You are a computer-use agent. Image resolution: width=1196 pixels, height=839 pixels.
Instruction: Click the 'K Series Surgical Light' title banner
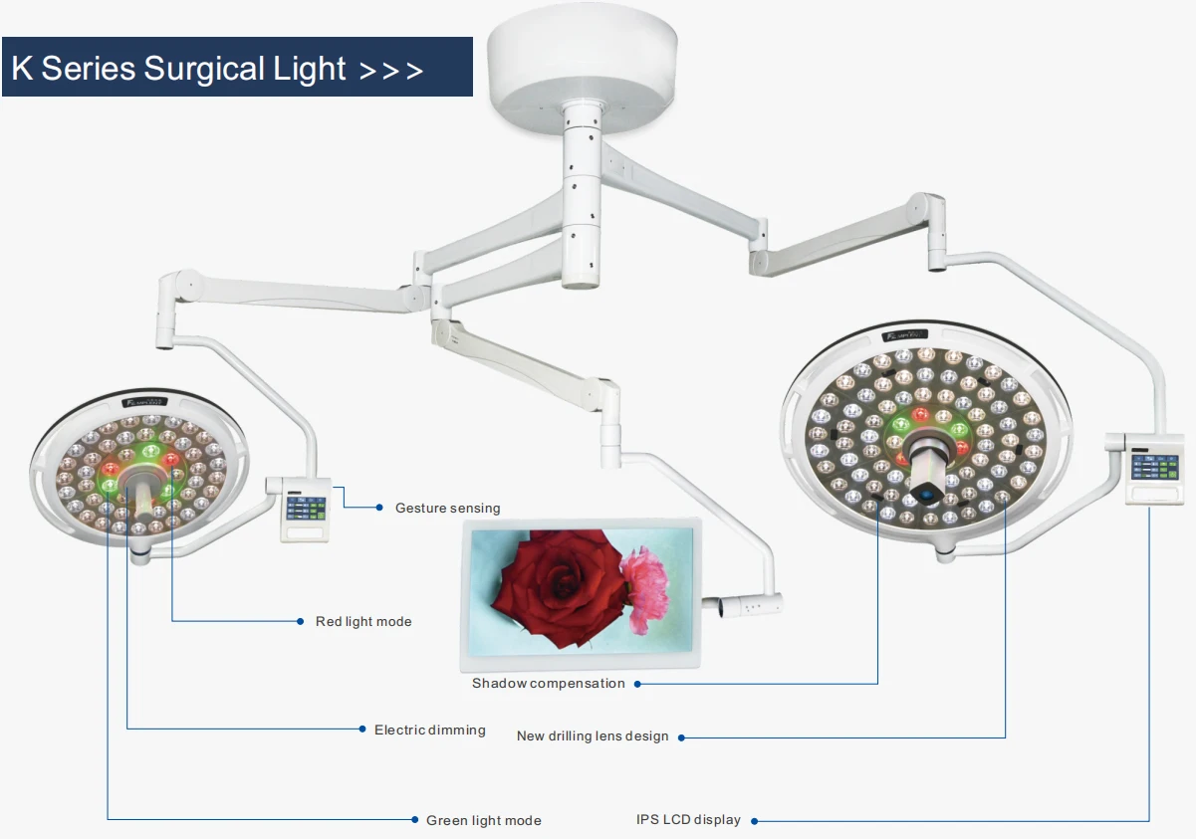(x=236, y=68)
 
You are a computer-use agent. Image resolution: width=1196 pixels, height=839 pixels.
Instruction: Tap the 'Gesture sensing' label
(x=447, y=509)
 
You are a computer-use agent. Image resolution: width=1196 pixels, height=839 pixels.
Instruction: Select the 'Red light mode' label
(x=363, y=622)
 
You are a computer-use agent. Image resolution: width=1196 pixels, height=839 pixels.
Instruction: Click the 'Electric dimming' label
(x=430, y=731)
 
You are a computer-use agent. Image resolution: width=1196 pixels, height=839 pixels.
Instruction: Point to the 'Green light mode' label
(x=484, y=821)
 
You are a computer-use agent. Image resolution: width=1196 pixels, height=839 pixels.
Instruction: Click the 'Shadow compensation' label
(x=549, y=684)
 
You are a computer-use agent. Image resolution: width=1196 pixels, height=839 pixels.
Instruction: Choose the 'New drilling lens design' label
(x=593, y=736)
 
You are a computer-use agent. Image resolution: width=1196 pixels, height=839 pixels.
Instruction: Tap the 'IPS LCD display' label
(x=688, y=820)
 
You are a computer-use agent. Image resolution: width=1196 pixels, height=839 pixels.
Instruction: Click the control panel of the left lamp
(x=306, y=509)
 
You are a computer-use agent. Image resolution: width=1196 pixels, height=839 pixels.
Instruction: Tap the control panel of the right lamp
(x=1154, y=469)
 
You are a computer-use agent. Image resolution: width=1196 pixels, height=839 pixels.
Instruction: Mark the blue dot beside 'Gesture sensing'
(x=379, y=508)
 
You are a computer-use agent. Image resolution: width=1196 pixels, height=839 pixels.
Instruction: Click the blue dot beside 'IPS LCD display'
(x=754, y=821)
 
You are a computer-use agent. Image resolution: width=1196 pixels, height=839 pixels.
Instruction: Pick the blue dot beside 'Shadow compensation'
(x=637, y=684)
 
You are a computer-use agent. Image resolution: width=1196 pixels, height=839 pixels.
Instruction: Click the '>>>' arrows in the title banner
(x=390, y=70)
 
